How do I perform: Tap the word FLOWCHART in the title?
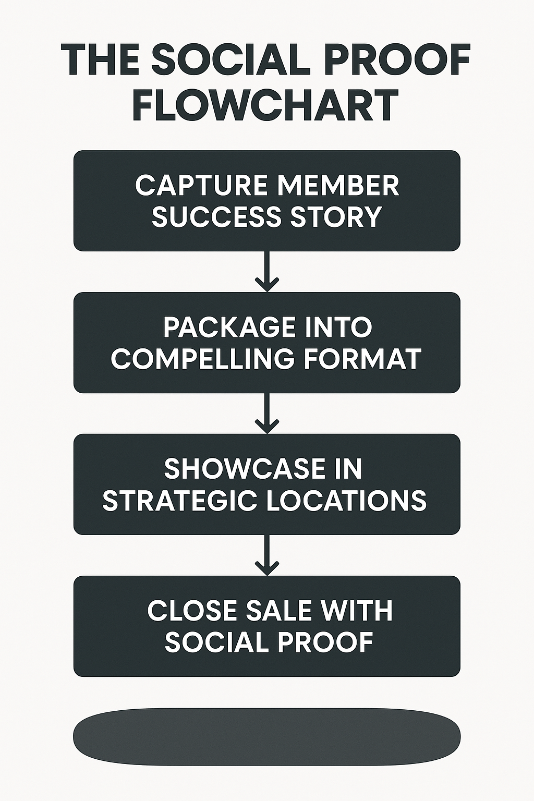pos(266,105)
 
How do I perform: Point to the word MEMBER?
pos(338,186)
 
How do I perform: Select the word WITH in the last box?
pos(357,611)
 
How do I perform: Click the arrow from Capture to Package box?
pos(267,272)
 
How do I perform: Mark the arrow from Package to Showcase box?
pos(267,414)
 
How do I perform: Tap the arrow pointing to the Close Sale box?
pos(267,555)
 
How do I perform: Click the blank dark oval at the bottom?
pos(267,737)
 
